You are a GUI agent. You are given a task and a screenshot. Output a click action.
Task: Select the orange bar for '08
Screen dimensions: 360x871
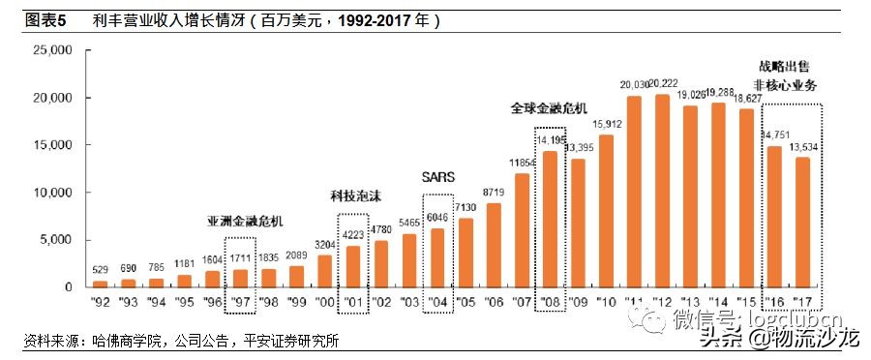coord(551,219)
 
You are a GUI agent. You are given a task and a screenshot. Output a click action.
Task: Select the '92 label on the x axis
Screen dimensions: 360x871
coord(100,302)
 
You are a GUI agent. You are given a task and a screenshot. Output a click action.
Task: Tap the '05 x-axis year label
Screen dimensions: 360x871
coord(466,302)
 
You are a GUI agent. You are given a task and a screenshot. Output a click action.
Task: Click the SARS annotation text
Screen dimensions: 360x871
coord(437,177)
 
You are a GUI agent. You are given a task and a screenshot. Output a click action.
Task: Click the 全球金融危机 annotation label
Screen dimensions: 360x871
coord(549,108)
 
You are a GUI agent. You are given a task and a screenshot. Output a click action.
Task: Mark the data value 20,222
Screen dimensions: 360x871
coord(664,85)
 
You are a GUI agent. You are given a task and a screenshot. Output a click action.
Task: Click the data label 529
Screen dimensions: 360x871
coord(100,270)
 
